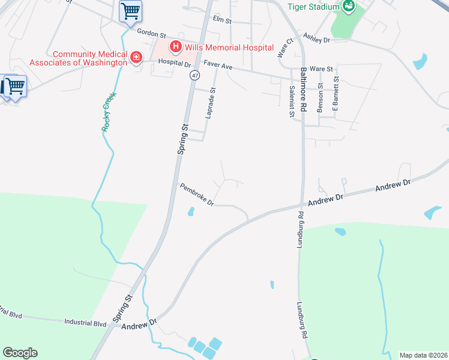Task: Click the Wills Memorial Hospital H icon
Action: click(176, 46)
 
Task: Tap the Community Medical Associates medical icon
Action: click(137, 58)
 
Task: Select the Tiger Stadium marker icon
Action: click(349, 6)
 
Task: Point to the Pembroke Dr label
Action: click(197, 195)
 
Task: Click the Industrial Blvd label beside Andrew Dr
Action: click(85, 323)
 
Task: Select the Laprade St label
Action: click(210, 103)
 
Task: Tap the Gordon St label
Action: click(151, 34)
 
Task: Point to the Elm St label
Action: click(222, 21)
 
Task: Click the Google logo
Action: click(20, 353)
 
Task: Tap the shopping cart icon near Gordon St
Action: click(130, 11)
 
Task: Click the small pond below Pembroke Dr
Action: click(191, 211)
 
